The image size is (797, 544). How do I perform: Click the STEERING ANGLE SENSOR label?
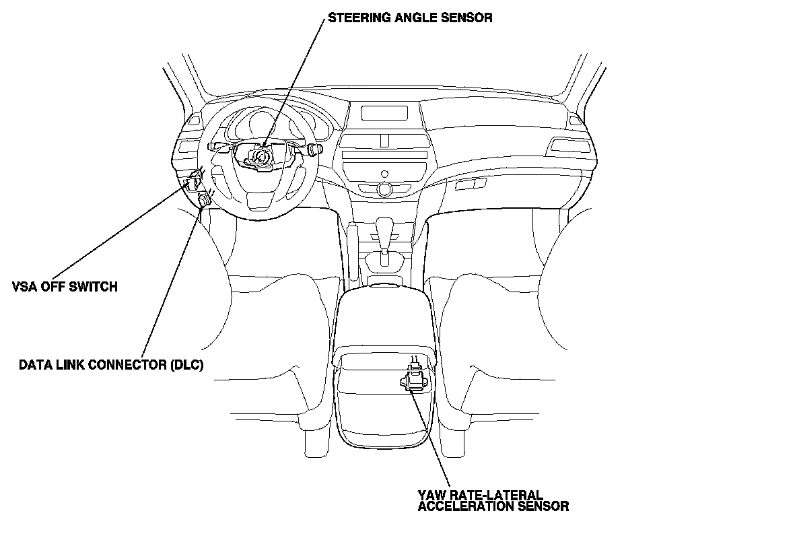click(410, 18)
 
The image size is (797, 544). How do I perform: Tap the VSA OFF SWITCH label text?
click(65, 287)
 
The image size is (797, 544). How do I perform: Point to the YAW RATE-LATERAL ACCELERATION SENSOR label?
click(493, 500)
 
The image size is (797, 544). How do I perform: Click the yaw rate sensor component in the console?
click(415, 376)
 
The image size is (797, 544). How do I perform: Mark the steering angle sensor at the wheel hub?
click(258, 156)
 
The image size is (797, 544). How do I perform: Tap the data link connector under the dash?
click(204, 199)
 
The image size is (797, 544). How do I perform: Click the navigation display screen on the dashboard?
click(384, 112)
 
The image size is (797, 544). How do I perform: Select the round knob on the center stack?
click(384, 189)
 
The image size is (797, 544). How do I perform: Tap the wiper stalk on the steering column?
click(314, 147)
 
